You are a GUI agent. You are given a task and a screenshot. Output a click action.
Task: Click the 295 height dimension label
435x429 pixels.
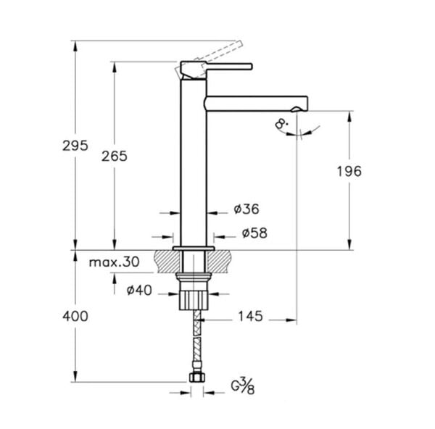[x=76, y=145]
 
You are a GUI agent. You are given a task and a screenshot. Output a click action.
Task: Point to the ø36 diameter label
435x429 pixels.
[x=246, y=209]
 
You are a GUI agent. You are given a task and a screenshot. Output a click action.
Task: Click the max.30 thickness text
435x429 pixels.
[x=114, y=262]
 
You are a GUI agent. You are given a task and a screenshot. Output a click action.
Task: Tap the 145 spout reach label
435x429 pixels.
[x=249, y=317]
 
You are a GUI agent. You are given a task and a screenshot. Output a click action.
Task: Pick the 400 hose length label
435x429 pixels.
[x=75, y=316]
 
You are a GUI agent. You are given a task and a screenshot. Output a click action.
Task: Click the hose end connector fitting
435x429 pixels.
[x=194, y=377]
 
